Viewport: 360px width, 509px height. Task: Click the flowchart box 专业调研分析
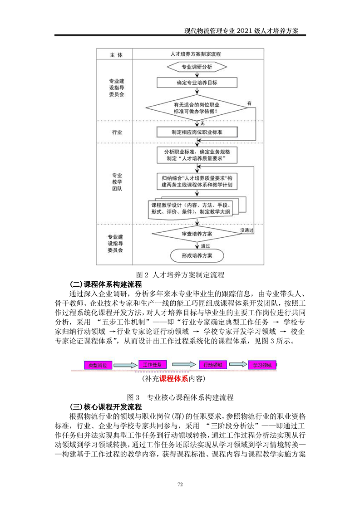[x=197, y=67]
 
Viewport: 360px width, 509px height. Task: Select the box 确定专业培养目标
[x=197, y=83]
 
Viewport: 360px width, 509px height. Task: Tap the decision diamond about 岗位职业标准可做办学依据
[x=197, y=108]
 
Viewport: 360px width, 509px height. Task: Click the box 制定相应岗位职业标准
[x=197, y=132]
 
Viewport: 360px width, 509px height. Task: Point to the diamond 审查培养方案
[x=197, y=233]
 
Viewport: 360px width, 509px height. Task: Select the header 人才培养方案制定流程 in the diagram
[x=197, y=54]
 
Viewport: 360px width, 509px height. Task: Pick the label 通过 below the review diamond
[x=205, y=245]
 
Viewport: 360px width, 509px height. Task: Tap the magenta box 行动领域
[x=212, y=364]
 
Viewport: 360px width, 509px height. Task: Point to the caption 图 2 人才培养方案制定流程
[x=180, y=275]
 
